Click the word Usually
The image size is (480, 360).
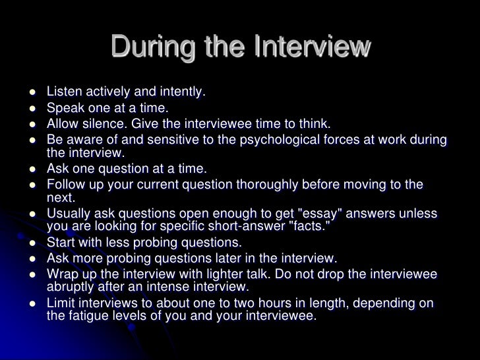69,216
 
